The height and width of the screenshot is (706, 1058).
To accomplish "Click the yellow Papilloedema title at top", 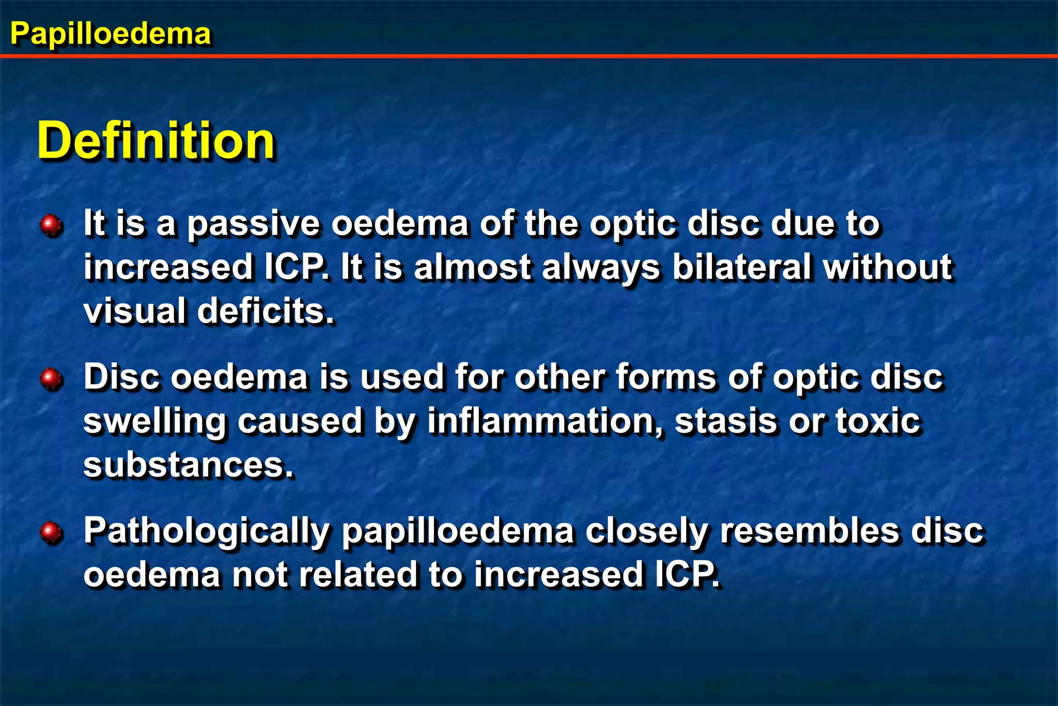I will pos(110,34).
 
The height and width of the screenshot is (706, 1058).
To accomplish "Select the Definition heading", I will pos(156,141).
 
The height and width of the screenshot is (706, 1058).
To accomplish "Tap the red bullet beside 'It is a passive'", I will pos(51,225).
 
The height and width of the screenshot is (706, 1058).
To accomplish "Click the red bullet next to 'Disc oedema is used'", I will pos(51,378).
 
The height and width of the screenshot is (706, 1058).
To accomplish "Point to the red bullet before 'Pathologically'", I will pos(51,532).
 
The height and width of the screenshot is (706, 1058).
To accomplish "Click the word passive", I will pos(253,224).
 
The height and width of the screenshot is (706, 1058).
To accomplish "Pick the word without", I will pos(888,268).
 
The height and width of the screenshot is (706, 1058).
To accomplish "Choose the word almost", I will pos(473,268).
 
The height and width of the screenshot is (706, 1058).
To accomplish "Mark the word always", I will pos(601,269).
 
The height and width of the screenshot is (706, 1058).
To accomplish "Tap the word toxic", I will pos(878,421).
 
